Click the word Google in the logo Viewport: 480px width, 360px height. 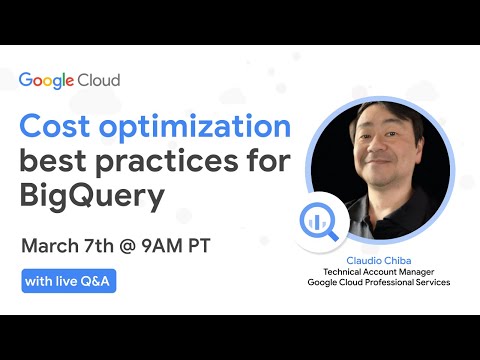(x=50, y=79)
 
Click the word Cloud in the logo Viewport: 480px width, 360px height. (x=100, y=79)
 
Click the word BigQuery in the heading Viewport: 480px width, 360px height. (x=91, y=196)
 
